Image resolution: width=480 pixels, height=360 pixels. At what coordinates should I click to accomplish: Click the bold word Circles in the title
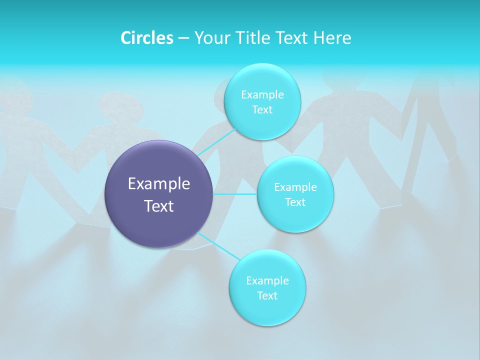click(146, 38)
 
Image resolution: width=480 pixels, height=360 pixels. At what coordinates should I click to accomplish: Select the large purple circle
click(159, 220)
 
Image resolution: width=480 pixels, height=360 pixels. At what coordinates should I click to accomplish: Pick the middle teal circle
click(295, 217)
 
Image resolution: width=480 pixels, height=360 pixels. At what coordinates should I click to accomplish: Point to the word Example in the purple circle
click(159, 184)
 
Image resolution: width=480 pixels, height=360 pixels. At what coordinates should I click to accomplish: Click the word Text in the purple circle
click(159, 206)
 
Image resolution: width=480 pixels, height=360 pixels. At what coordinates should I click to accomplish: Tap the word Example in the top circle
click(262, 95)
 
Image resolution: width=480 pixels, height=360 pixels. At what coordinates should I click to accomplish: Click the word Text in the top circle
click(262, 110)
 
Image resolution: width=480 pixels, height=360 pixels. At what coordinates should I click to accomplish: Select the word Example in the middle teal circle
click(295, 187)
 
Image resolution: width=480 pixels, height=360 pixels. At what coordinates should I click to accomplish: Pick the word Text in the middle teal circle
click(295, 202)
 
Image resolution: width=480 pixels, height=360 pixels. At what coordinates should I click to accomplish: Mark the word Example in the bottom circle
click(267, 281)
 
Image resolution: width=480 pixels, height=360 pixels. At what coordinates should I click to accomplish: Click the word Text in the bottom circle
click(267, 296)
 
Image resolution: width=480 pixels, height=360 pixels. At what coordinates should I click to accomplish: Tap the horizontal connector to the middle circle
click(235, 193)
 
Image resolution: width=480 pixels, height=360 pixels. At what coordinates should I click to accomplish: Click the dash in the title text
click(183, 38)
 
